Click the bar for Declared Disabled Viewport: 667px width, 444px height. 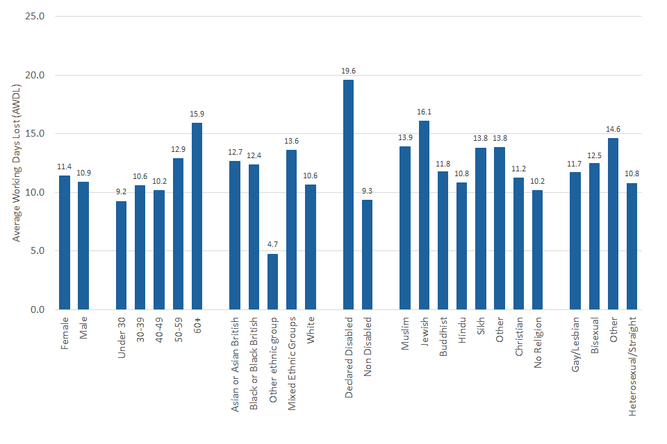coord(348,194)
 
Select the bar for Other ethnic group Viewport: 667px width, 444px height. coord(272,281)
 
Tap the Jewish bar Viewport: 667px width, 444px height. coord(424,215)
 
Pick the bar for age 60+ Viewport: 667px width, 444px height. coord(197,216)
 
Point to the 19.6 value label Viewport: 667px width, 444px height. coord(348,71)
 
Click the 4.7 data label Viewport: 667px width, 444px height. coord(272,245)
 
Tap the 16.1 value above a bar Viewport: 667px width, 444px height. coord(424,112)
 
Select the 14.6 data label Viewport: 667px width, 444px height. coord(613,129)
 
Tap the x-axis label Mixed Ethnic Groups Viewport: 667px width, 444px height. coord(292,365)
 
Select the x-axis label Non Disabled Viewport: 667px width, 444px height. coord(368,347)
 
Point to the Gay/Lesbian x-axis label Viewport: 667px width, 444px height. coord(575,348)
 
